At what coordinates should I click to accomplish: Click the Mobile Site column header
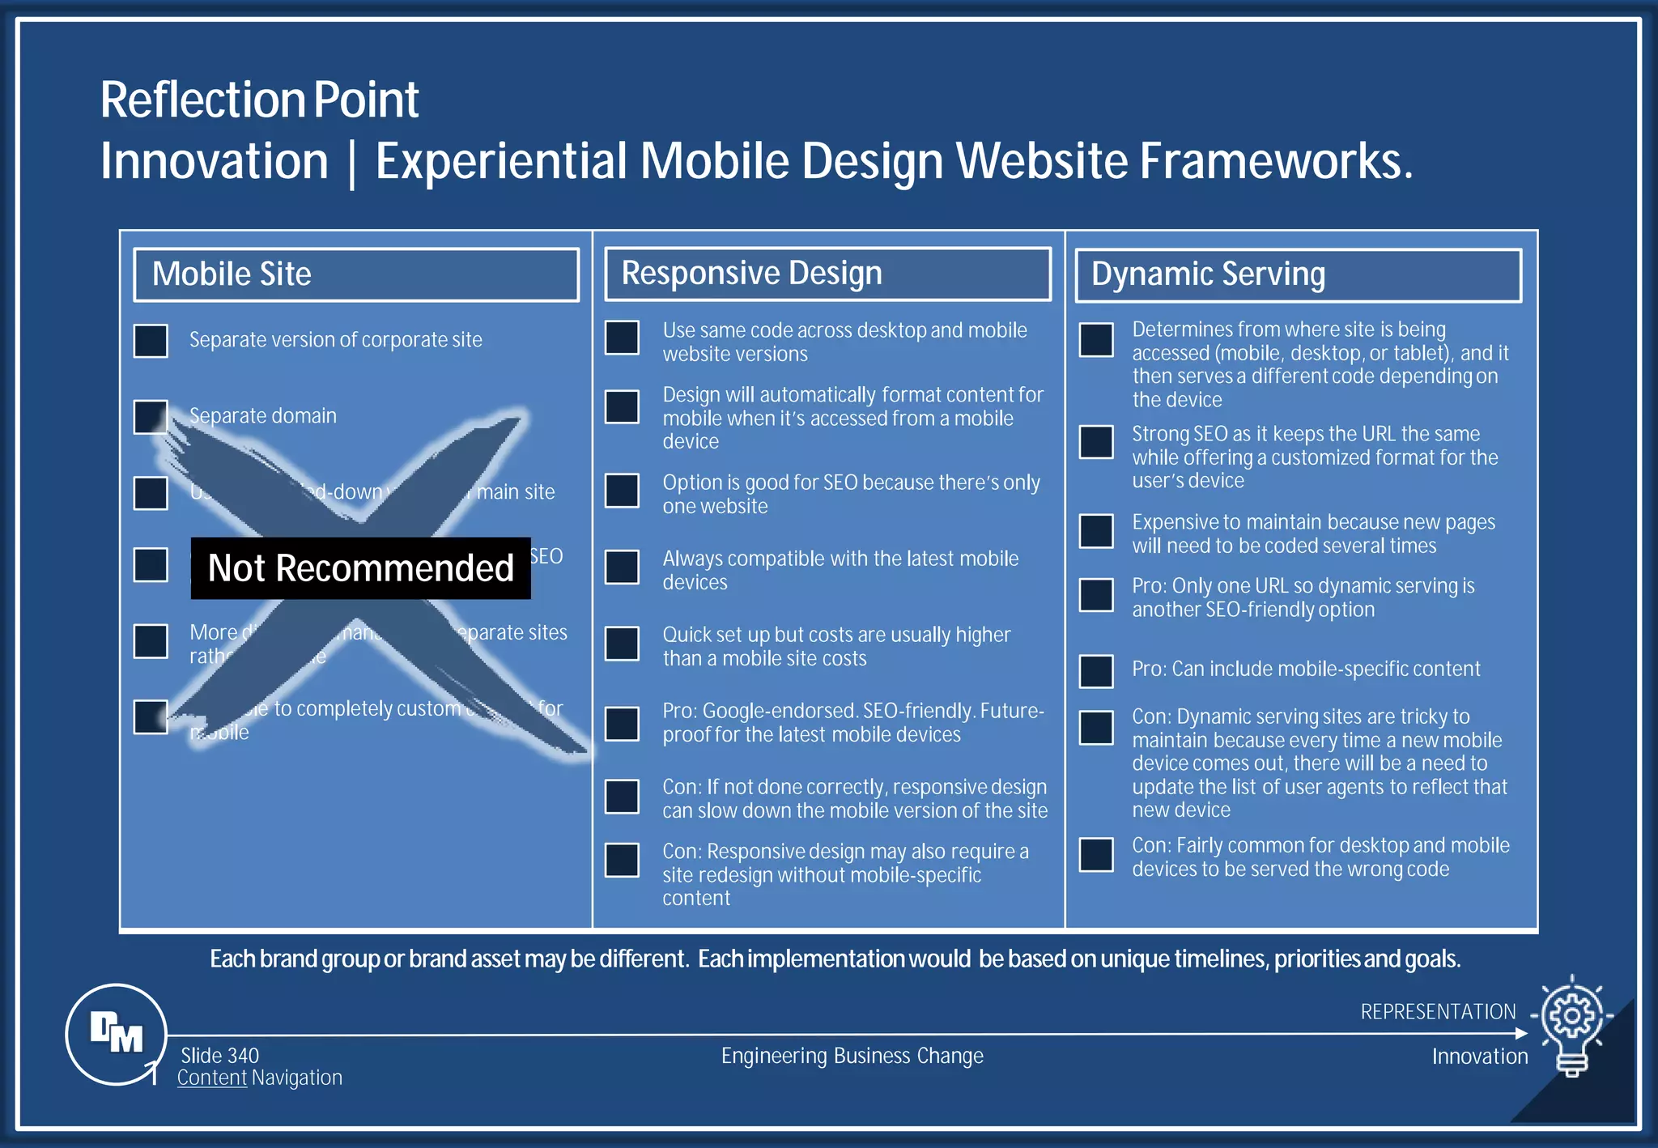tap(355, 274)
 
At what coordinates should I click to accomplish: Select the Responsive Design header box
tap(827, 274)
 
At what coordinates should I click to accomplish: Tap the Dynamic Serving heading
tap(1298, 274)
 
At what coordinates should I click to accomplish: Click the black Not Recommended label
tap(360, 568)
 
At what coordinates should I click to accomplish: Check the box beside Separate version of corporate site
tap(151, 341)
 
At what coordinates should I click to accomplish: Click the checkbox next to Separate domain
tap(151, 417)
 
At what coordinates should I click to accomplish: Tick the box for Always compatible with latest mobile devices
tap(622, 567)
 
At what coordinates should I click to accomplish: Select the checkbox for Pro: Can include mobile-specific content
tap(1096, 671)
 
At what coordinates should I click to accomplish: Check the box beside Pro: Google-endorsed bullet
tap(622, 724)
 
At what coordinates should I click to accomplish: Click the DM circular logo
tap(116, 1034)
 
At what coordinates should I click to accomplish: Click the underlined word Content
tap(211, 1078)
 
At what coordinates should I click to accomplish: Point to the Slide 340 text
tap(219, 1056)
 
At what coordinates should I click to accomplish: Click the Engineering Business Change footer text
tap(852, 1056)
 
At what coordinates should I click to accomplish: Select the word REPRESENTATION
tap(1438, 1012)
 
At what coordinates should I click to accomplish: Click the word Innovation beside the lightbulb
tap(1479, 1057)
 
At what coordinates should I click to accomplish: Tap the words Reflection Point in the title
tap(259, 100)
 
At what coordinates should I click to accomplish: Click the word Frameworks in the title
tap(1275, 161)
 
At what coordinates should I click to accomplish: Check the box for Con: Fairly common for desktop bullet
tap(1096, 855)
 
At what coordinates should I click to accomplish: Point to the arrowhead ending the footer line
tap(1520, 1033)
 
